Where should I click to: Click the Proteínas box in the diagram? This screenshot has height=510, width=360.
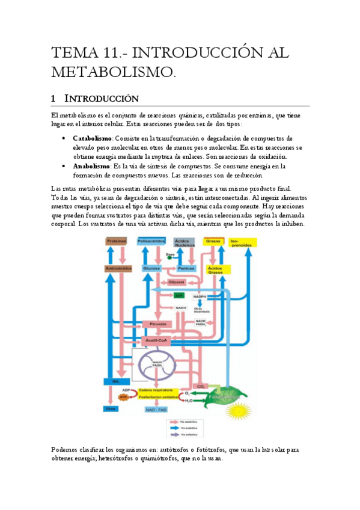tap(117, 241)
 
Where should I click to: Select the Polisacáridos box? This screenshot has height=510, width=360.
tap(151, 241)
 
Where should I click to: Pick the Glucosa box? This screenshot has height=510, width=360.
tap(151, 268)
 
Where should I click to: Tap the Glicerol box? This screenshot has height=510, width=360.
tap(175, 281)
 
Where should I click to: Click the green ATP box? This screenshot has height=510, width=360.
tap(178, 295)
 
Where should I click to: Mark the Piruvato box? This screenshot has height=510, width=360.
tap(157, 324)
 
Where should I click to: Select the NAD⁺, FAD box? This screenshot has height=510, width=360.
tap(154, 409)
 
